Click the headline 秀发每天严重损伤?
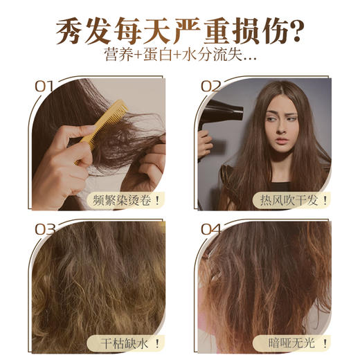click(180, 31)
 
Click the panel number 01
click(44, 87)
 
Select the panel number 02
click(210, 87)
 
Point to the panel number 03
click(44, 228)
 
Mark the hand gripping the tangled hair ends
click(149, 166)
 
